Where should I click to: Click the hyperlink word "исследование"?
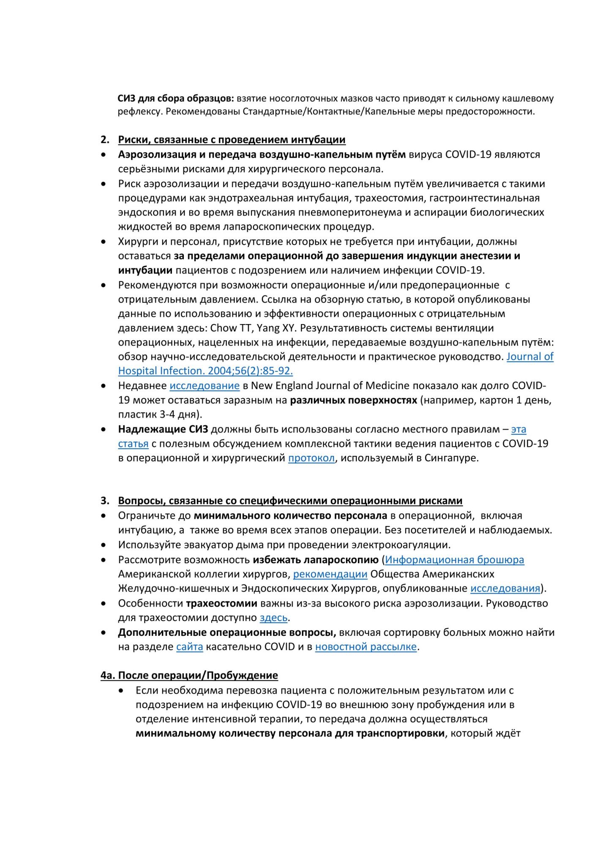tap(204, 386)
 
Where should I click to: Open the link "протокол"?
tap(311, 458)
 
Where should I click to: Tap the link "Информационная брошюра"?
tap(455, 560)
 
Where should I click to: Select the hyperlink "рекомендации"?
tap(330, 574)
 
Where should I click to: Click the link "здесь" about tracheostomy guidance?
tap(273, 618)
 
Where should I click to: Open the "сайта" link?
tap(190, 647)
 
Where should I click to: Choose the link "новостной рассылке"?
tap(366, 647)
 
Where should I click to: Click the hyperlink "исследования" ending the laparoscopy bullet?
tap(505, 589)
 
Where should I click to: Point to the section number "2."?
tap(105, 140)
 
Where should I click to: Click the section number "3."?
tap(105, 501)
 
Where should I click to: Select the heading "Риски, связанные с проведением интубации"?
tap(232, 140)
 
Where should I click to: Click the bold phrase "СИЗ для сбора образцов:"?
tap(175, 98)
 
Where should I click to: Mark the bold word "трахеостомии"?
tap(221, 603)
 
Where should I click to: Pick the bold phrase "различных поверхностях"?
tap(353, 400)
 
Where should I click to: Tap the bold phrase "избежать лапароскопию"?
tap(315, 560)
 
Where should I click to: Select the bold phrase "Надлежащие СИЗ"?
tap(163, 429)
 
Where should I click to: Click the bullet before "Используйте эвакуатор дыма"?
tap(104, 545)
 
